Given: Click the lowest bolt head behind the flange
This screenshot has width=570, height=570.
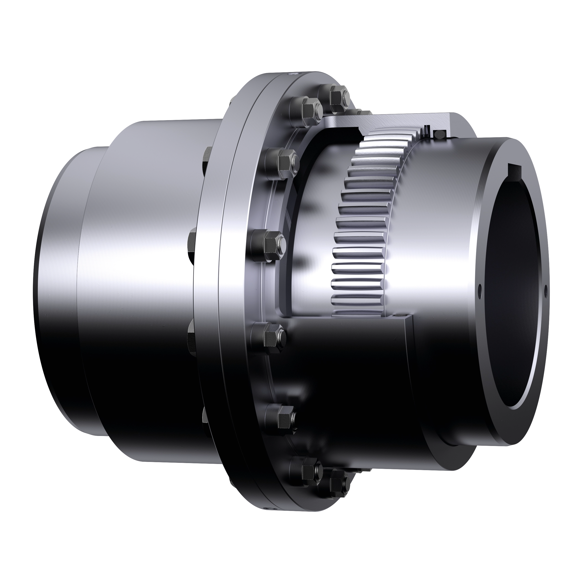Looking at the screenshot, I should [x=207, y=422].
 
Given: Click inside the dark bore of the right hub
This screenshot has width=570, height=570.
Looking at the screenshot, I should [x=513, y=295].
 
